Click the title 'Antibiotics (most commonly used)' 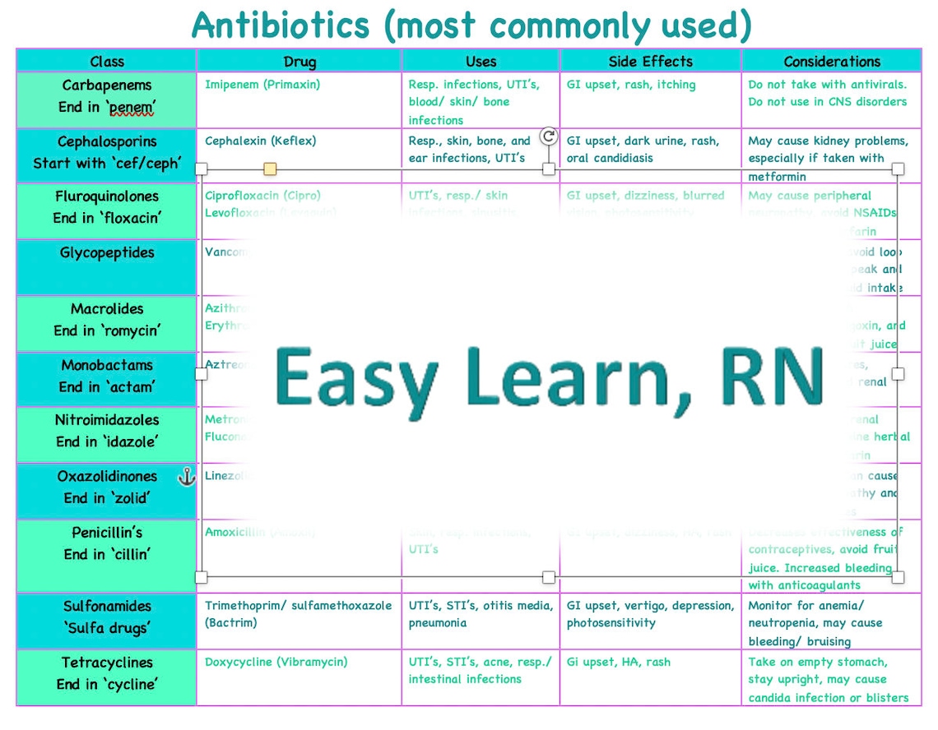(x=471, y=25)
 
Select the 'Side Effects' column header (x=650, y=62)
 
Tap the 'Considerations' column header (x=832, y=62)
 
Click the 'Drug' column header (x=300, y=62)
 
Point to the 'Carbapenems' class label (x=107, y=85)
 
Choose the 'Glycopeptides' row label (x=107, y=253)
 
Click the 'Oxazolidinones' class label (x=107, y=477)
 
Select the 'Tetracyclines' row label (x=107, y=663)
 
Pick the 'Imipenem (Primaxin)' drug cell (x=262, y=85)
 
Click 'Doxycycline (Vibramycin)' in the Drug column (x=276, y=662)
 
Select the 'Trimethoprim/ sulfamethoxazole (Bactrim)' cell (x=298, y=614)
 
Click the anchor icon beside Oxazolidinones (x=187, y=476)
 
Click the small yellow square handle (x=270, y=169)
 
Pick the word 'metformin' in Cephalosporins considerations (x=777, y=177)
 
